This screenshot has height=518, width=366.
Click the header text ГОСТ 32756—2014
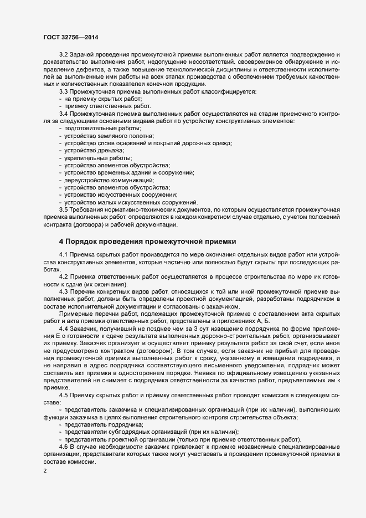point(68,37)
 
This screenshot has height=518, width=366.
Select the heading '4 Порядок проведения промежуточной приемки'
point(148,241)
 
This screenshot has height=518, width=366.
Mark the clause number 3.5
point(64,209)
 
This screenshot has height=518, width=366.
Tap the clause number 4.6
point(64,447)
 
